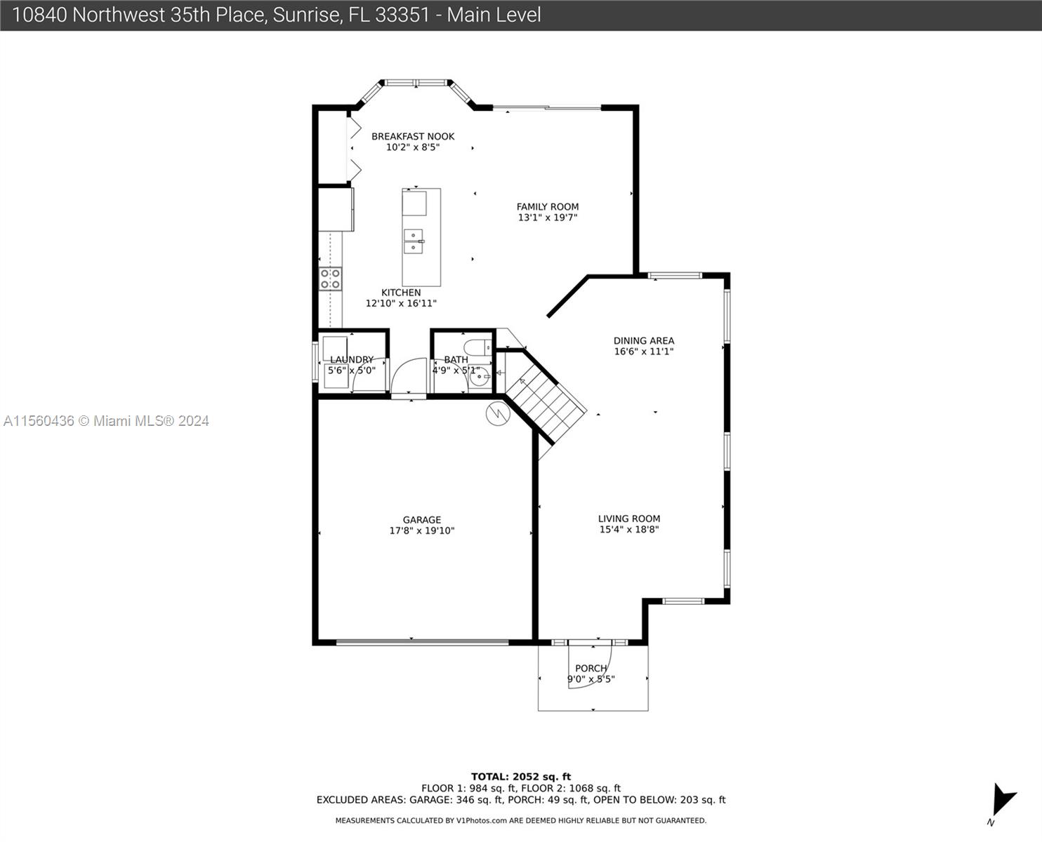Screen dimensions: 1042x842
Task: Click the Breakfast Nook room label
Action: (x=413, y=136)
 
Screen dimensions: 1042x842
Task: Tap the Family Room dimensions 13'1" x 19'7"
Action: (x=548, y=218)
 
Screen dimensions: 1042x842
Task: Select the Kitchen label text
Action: (x=401, y=292)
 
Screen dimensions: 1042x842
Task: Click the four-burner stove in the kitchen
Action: (x=330, y=279)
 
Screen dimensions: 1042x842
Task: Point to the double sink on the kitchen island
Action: (x=414, y=241)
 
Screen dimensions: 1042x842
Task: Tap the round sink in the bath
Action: (x=480, y=377)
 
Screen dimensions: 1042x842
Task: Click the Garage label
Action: (x=422, y=519)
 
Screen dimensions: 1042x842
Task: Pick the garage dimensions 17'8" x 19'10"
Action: (x=422, y=530)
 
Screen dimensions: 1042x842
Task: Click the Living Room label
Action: (x=629, y=519)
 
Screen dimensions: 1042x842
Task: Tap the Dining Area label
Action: (x=644, y=340)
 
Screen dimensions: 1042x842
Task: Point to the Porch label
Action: (x=591, y=668)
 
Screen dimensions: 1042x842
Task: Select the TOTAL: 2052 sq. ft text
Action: (x=520, y=777)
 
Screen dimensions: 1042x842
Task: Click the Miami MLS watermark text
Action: (x=106, y=421)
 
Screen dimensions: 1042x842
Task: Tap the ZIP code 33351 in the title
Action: (x=402, y=15)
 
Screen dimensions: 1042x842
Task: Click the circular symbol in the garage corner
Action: (x=498, y=413)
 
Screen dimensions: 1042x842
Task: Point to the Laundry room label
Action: (x=352, y=360)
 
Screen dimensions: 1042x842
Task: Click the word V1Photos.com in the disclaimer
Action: (x=482, y=820)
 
